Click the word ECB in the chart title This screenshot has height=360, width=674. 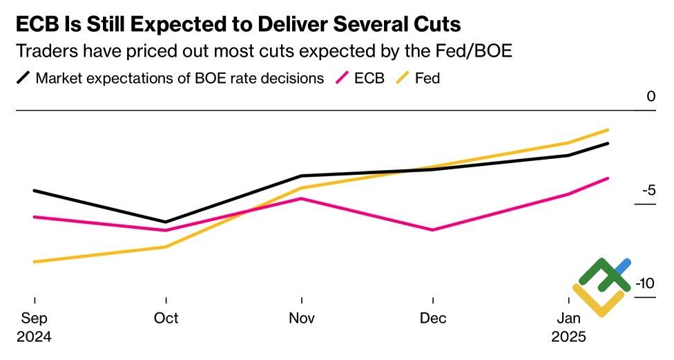tap(37, 25)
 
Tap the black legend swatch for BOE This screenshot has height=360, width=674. tap(23, 78)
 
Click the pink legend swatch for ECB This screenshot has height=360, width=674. tap(342, 78)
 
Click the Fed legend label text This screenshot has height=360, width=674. tap(427, 78)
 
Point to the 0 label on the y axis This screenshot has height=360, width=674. tap(651, 97)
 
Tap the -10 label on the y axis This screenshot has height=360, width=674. tap(645, 284)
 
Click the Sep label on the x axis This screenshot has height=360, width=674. tap(34, 319)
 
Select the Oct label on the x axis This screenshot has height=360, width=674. tap(166, 319)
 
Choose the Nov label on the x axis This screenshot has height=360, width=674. tap(302, 319)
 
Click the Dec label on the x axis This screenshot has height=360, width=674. tap(432, 319)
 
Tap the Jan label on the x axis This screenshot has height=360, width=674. tap(568, 319)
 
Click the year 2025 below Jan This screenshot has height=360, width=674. tap(568, 338)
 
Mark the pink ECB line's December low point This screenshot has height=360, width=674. tap(432, 229)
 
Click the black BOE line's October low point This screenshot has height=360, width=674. tap(166, 222)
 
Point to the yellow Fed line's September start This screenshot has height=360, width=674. tap(35, 262)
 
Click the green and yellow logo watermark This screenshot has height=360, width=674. tap(601, 286)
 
